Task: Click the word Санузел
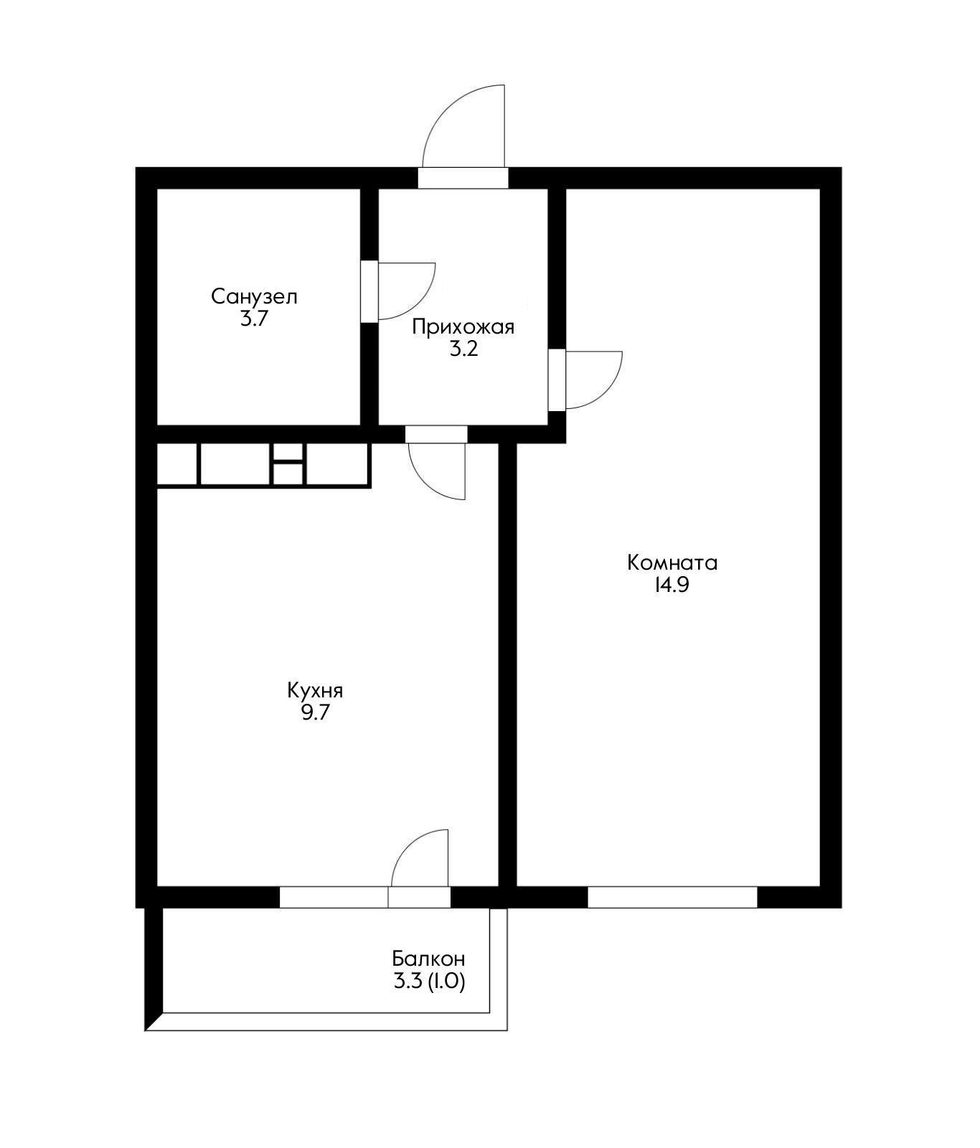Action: (x=254, y=296)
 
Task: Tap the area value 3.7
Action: (x=254, y=319)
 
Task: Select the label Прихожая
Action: (x=463, y=328)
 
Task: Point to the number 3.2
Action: (x=463, y=350)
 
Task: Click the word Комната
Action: (x=672, y=563)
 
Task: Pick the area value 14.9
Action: (x=672, y=585)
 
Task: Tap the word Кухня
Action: (x=315, y=691)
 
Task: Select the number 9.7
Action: (x=315, y=714)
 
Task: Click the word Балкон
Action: (x=429, y=959)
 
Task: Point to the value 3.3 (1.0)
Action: (x=429, y=982)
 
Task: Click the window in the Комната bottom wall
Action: (x=672, y=898)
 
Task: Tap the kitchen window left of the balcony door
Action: (x=334, y=898)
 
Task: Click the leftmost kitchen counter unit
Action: (x=176, y=464)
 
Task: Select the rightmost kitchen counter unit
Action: (x=337, y=464)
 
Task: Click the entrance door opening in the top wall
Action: (x=463, y=178)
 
